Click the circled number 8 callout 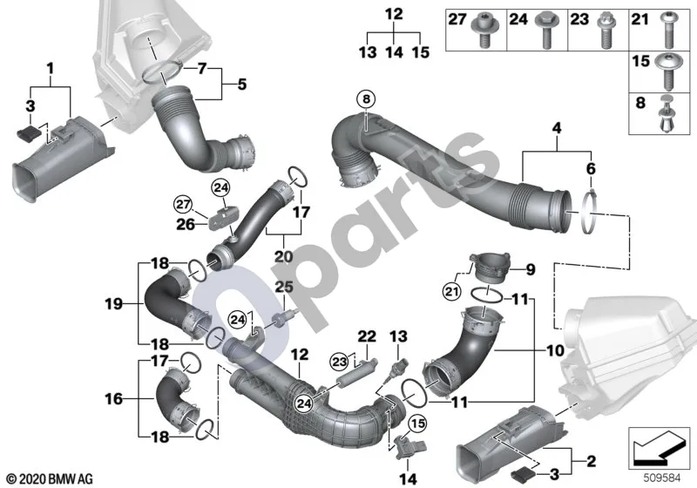pos(366,99)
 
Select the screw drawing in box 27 pos(486,29)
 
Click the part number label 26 pos(186,224)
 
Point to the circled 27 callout pos(183,206)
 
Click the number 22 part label pos(367,336)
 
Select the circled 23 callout pos(340,362)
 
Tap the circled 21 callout pos(451,292)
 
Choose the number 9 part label pos(531,270)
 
